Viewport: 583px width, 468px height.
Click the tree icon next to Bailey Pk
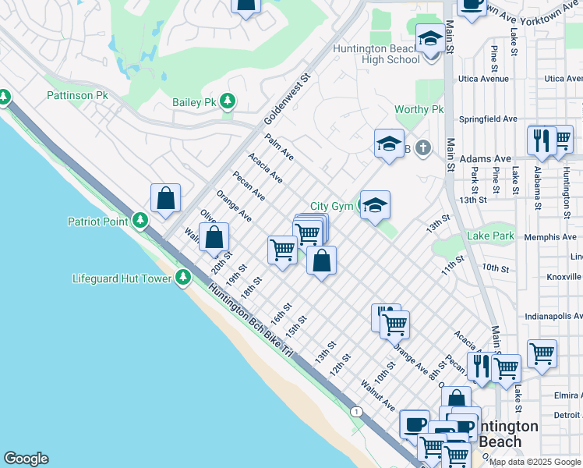point(228,101)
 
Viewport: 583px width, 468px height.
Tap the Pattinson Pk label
point(77,96)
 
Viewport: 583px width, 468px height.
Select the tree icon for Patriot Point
point(140,221)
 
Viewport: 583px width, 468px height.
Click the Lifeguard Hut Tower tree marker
point(183,277)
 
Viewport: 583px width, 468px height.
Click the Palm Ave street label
point(279,146)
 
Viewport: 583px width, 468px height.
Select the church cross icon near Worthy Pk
point(422,147)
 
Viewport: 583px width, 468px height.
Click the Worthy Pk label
point(419,110)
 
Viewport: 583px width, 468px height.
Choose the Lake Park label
point(490,236)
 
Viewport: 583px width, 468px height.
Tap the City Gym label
point(331,206)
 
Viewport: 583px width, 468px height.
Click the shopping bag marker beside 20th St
point(214,236)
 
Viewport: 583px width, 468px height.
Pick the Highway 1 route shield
point(356,411)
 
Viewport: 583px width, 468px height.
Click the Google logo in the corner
point(26,459)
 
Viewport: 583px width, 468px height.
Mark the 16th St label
point(280,314)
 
